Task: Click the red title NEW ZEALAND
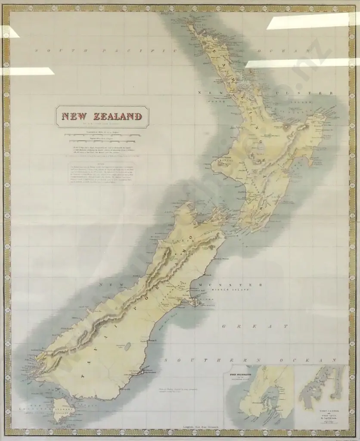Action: coord(102,116)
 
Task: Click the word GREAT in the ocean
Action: coord(254,326)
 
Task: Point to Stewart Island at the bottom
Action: coord(62,409)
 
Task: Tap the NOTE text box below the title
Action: coord(102,172)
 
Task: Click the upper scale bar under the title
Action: coord(102,135)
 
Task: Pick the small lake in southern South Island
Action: coord(127,346)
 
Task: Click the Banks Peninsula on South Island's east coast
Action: coord(196,302)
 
